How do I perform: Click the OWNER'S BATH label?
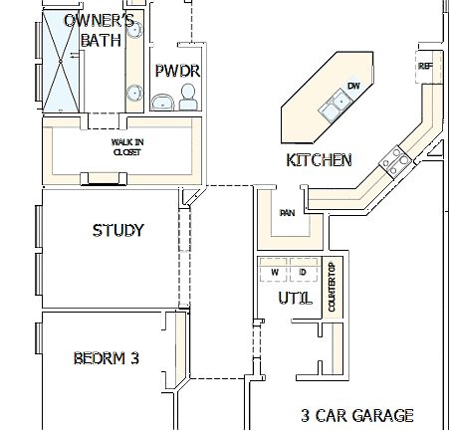99,30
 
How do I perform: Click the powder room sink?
161,101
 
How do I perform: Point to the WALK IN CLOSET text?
126,147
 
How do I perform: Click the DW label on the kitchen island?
353,86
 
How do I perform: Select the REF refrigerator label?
426,67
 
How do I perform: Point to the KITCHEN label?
319,159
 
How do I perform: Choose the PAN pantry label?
287,212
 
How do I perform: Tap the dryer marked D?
302,272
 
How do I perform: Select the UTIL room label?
295,298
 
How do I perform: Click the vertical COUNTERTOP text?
333,287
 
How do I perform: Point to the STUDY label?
118,230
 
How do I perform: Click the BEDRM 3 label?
106,357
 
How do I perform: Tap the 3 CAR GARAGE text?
357,415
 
